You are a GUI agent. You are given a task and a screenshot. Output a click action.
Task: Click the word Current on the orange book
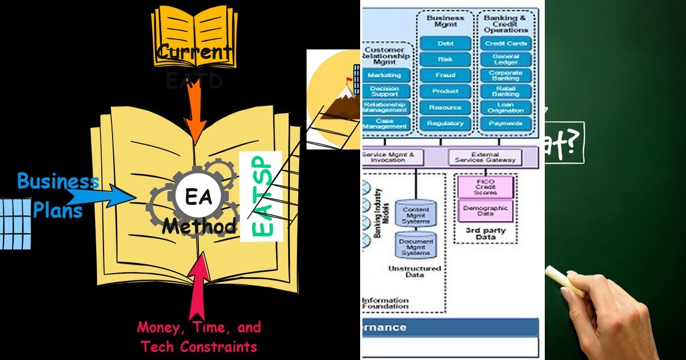coord(194,53)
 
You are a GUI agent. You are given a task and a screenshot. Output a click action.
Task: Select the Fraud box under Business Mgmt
coord(445,75)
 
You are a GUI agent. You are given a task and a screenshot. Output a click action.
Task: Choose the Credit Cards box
coord(506,43)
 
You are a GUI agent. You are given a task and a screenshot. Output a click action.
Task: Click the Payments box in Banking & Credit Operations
coord(506,123)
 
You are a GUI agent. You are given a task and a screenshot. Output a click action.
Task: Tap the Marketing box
coord(387,75)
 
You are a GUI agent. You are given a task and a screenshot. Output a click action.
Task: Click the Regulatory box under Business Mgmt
coord(445,123)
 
